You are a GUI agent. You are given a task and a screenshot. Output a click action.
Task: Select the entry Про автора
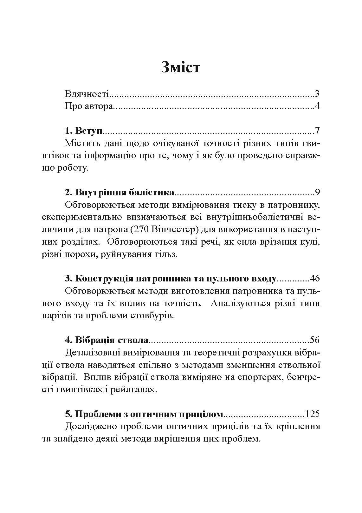tap(89, 106)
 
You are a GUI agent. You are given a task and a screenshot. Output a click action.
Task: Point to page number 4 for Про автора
tap(317, 106)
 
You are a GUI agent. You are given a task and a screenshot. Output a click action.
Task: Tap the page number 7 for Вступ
tap(317, 131)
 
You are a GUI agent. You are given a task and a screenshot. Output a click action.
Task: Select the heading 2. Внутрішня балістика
tap(120, 192)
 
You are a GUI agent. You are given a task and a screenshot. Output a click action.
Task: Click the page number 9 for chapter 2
tap(317, 192)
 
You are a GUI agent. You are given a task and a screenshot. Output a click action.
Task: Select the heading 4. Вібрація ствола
tap(107, 340)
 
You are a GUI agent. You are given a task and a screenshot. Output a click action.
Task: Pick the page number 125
tap(312, 414)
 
